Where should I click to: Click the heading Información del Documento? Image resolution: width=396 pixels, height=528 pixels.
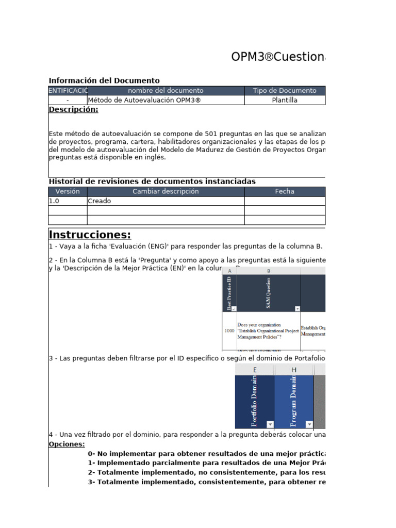(104, 80)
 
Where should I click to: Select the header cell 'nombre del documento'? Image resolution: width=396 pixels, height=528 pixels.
(166, 91)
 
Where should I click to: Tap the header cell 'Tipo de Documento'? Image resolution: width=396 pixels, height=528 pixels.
(285, 91)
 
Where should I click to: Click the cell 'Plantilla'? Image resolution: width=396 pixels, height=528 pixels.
(285, 100)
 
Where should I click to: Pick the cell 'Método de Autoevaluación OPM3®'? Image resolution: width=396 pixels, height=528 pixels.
(144, 100)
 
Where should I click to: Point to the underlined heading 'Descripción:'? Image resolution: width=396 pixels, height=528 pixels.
(73, 109)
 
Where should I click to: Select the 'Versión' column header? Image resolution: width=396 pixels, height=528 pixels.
(68, 191)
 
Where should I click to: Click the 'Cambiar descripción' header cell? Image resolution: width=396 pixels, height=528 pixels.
(166, 191)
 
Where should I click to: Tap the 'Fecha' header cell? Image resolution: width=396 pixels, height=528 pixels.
(285, 191)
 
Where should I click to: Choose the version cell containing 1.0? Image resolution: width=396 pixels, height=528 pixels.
(54, 201)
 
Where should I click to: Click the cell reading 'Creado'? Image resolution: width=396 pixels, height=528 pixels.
(100, 201)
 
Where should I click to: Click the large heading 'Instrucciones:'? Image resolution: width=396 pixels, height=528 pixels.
(90, 235)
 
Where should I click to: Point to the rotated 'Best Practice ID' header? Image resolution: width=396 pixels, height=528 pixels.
(229, 292)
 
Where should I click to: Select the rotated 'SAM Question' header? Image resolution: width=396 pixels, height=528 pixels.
(269, 292)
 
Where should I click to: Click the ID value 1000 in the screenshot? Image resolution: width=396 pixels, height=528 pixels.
(229, 331)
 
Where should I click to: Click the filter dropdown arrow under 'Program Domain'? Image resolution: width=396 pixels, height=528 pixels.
(309, 424)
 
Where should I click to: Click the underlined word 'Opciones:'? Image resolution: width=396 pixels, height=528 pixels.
(67, 444)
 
